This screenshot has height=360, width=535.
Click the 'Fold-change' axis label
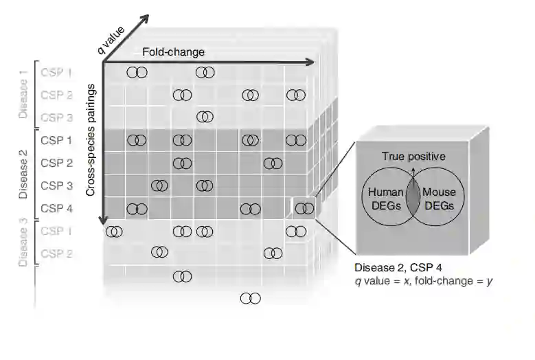point(173,52)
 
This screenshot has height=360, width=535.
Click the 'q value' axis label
point(111,41)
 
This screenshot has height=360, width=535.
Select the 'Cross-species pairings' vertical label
point(91,142)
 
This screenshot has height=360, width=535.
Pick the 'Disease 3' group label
point(23,242)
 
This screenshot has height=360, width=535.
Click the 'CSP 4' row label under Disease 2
point(56,208)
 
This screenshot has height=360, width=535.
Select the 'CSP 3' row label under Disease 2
point(56,185)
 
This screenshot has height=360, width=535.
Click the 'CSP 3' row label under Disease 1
point(56,117)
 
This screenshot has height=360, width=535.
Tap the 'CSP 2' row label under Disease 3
point(56,254)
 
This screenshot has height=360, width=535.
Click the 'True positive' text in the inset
point(413,157)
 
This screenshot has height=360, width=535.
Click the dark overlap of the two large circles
point(413,199)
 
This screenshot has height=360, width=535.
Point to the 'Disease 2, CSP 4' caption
point(393,267)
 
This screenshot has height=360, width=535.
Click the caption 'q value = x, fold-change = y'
point(423,280)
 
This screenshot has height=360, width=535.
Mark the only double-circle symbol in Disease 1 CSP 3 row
point(205,117)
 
